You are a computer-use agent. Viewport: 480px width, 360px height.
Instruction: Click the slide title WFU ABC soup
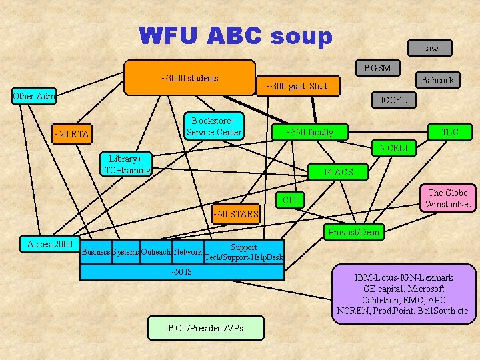tap(235, 36)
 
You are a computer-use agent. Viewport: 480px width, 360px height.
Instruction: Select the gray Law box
tap(429, 47)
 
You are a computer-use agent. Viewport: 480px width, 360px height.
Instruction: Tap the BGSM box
tap(377, 68)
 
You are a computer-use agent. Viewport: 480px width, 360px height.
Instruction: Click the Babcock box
tap(437, 80)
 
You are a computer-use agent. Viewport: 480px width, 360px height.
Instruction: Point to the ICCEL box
tap(393, 100)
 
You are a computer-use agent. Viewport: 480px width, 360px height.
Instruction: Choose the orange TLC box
tap(450, 132)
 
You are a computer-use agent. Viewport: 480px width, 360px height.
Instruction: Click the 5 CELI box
tap(393, 147)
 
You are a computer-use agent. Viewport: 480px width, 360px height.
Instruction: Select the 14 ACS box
tap(338, 172)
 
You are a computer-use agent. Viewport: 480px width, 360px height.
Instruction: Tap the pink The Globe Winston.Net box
tap(447, 198)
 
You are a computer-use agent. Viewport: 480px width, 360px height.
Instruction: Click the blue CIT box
tap(290, 199)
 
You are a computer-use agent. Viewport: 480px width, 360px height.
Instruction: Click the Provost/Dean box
tap(353, 232)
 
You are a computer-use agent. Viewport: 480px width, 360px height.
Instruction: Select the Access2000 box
tap(50, 245)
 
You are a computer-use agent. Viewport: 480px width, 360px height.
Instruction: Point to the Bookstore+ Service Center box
tap(213, 127)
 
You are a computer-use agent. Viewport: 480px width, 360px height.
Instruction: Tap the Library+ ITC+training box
tap(125, 164)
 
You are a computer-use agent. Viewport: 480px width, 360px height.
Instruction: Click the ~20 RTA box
tap(71, 134)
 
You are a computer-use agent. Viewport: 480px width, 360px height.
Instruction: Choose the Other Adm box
tap(34, 96)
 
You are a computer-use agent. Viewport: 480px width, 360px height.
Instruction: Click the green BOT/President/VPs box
tap(206, 328)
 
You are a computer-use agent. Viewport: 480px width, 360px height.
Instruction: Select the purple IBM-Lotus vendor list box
tap(404, 294)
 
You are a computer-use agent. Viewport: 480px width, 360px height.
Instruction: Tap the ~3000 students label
tap(189, 78)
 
